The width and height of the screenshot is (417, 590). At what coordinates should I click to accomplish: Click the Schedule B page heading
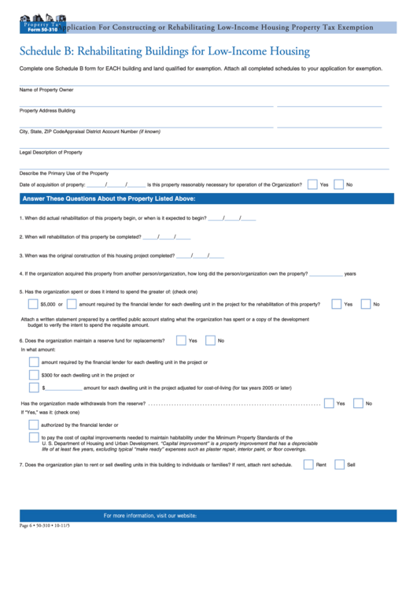click(x=164, y=52)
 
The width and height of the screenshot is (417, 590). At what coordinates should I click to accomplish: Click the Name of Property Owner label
click(x=46, y=90)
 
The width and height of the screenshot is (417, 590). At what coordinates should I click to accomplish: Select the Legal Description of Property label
click(x=51, y=152)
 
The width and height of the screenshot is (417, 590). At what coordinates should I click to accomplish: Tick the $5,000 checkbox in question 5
click(x=34, y=303)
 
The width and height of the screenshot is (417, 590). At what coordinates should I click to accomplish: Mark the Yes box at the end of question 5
click(x=337, y=303)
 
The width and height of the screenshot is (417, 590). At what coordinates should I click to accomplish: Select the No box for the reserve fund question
click(x=210, y=340)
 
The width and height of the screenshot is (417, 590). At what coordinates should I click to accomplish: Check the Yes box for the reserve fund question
click(x=182, y=340)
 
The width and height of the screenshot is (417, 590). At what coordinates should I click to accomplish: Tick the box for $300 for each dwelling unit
click(x=34, y=375)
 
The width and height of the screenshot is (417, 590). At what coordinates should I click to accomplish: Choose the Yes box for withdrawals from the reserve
click(x=329, y=403)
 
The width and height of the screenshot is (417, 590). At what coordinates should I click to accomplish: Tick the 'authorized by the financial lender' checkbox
click(x=34, y=425)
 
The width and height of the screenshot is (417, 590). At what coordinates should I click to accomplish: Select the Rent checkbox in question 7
click(x=308, y=465)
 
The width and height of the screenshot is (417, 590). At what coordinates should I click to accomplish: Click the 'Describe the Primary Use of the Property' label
click(x=64, y=173)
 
